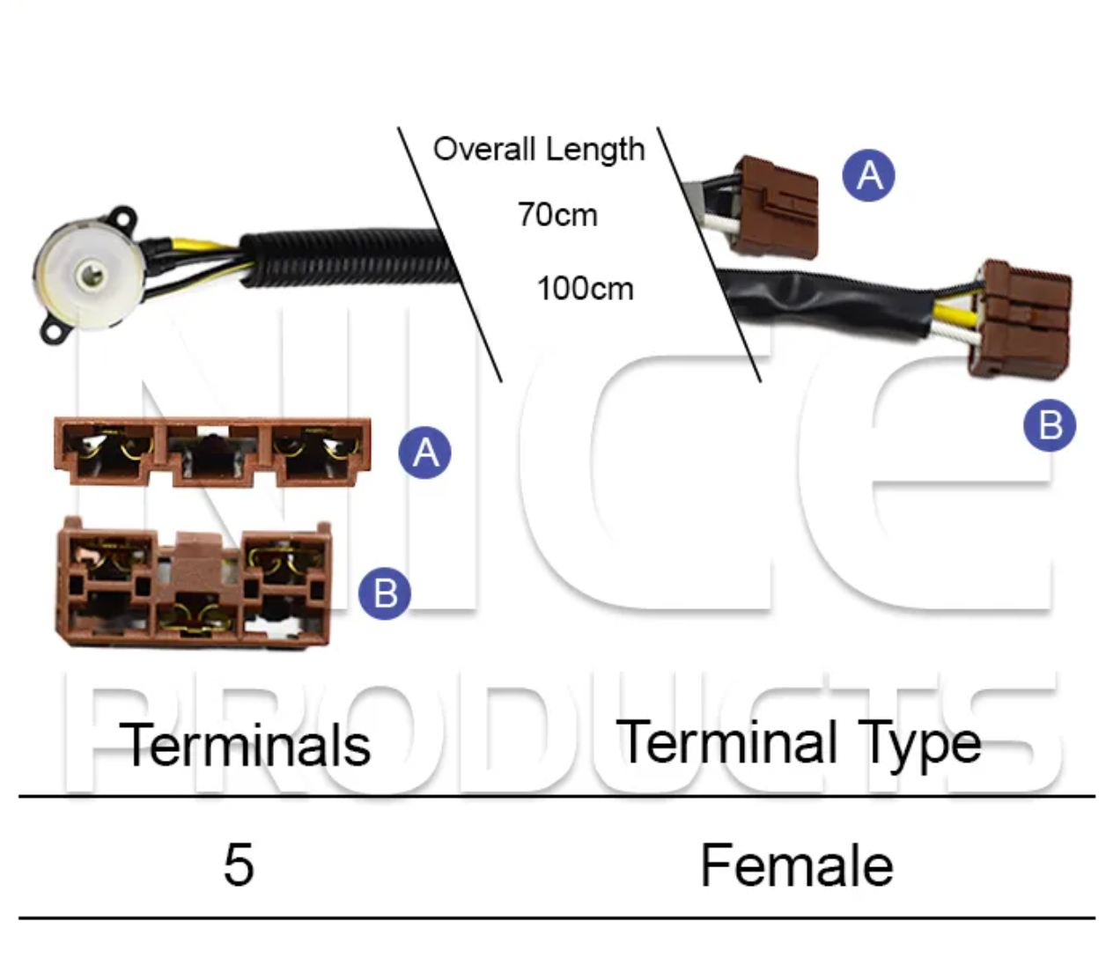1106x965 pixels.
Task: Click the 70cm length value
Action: (557, 215)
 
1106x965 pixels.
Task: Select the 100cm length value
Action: (585, 289)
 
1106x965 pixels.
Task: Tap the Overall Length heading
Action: (539, 149)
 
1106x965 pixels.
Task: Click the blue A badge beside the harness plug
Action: (868, 175)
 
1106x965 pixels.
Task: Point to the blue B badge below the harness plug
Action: (1050, 424)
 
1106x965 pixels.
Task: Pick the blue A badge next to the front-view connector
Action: (424, 453)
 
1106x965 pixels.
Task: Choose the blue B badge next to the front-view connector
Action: (384, 593)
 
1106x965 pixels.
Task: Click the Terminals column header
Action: (245, 746)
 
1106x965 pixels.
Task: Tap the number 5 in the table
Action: (239, 865)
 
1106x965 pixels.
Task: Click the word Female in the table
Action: (796, 866)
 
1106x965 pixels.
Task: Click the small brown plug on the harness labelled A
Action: (774, 206)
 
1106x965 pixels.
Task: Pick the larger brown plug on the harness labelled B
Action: (1019, 320)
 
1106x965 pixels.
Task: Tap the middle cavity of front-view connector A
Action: (212, 453)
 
